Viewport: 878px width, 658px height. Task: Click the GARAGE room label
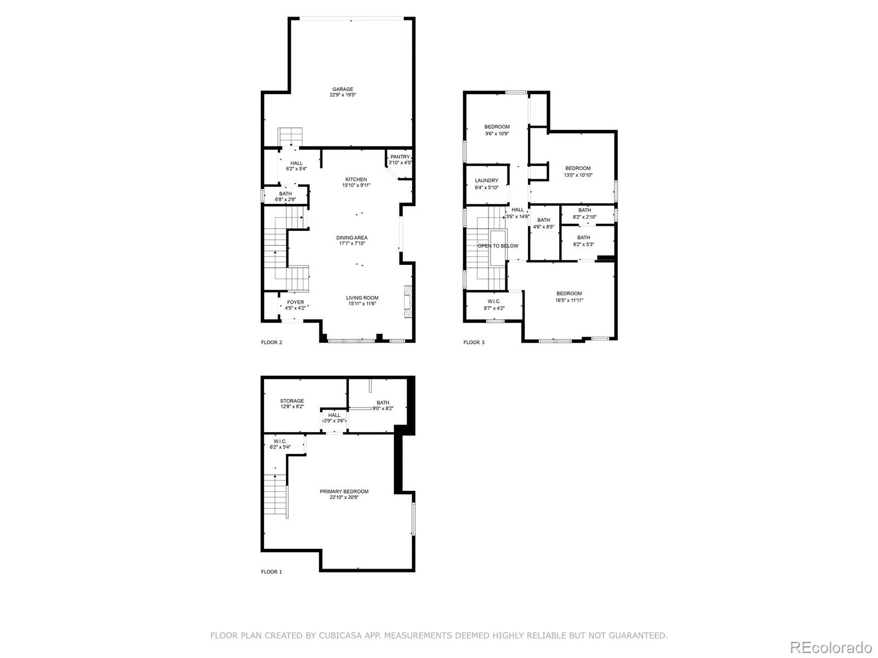click(342, 89)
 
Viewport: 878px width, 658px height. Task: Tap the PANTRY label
click(400, 157)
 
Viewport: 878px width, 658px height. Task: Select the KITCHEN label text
click(356, 179)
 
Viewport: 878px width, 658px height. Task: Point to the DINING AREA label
click(352, 238)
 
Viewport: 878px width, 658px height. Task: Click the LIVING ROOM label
click(362, 298)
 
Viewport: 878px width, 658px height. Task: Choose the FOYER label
click(295, 302)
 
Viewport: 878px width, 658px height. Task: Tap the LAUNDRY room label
click(486, 180)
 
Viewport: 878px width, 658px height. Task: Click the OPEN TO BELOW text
click(498, 246)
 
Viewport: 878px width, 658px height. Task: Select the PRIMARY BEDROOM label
click(344, 491)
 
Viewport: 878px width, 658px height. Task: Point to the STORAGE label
click(292, 401)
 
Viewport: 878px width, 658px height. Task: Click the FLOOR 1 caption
click(272, 572)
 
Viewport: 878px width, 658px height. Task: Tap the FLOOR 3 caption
click(474, 342)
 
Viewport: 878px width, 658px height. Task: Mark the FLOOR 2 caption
click(272, 342)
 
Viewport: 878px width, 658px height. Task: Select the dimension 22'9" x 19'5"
click(342, 95)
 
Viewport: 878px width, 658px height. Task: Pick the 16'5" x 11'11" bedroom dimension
click(569, 300)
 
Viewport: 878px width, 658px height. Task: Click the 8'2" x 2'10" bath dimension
click(584, 217)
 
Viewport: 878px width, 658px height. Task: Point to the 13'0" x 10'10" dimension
click(578, 175)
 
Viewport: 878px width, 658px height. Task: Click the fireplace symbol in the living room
click(408, 302)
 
